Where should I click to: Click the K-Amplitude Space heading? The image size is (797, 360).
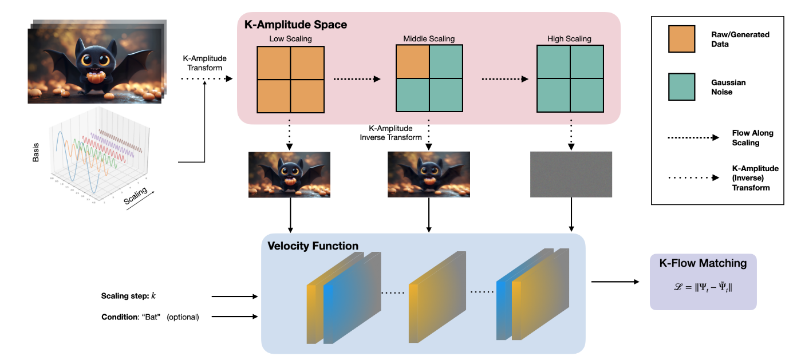pos(295,25)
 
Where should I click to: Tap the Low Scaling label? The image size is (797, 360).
pos(290,39)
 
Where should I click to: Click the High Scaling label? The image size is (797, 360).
pos(570,39)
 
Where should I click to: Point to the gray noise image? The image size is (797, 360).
pos(571,175)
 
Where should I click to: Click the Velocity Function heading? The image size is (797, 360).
pos(313,246)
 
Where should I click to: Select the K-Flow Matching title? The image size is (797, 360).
pos(703,264)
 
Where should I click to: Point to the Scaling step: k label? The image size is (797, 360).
pos(129,296)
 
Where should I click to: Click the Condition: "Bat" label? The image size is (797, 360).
pos(150,317)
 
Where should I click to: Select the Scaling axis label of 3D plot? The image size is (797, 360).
pos(136,195)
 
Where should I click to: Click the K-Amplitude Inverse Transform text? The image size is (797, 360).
pos(390,133)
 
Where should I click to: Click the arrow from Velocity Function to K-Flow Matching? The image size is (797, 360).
pos(615,282)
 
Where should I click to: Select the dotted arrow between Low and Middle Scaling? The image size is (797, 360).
pos(357,79)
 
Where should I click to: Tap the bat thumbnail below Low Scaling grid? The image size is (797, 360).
pos(289,175)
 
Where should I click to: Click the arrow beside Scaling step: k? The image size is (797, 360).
pos(235,296)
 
